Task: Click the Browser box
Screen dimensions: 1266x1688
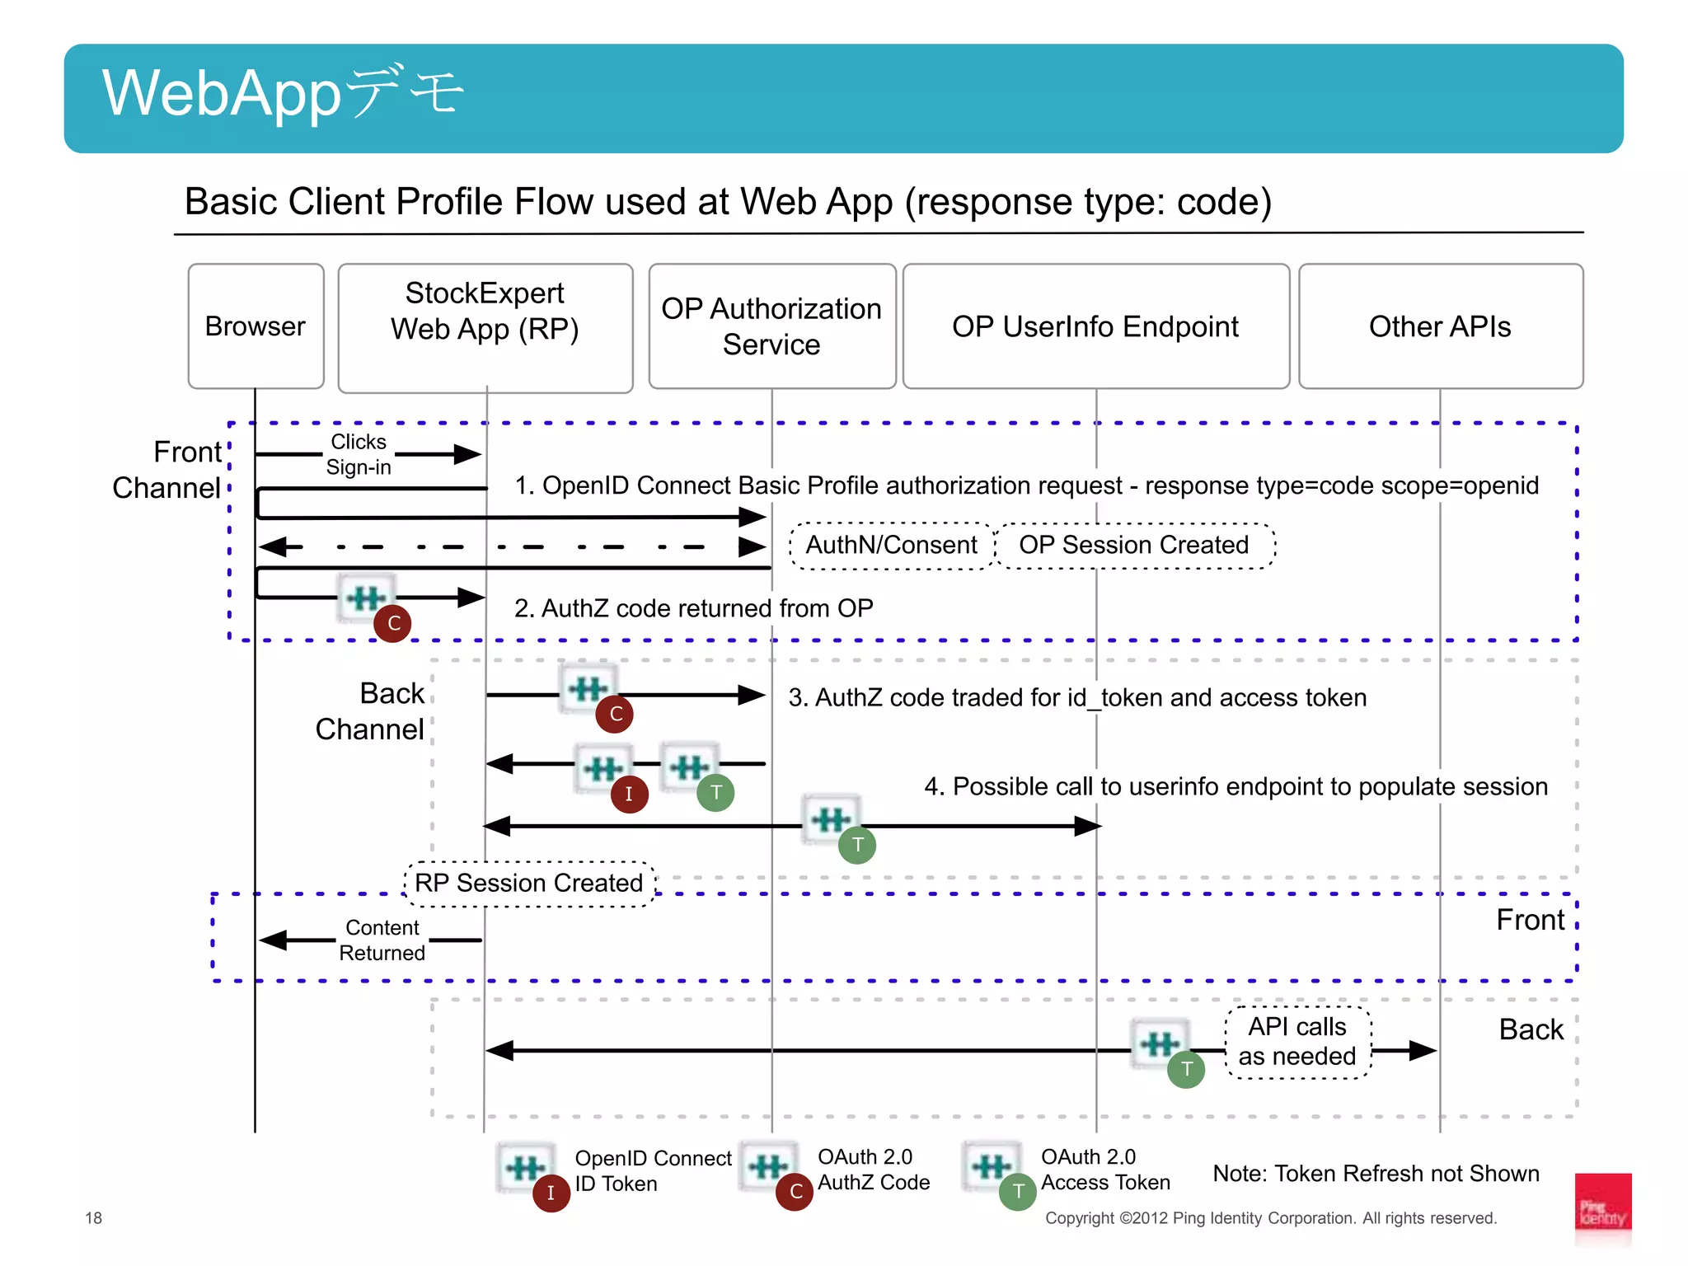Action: (x=256, y=326)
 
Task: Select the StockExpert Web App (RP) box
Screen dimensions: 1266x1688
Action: (x=485, y=327)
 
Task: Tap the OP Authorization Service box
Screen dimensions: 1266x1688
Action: (x=771, y=326)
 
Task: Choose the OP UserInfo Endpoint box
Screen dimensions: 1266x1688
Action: (x=1095, y=326)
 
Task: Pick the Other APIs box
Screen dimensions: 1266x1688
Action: (x=1440, y=326)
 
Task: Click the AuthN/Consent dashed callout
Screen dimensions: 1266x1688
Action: (x=891, y=546)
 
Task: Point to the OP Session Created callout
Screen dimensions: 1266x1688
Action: (x=1134, y=546)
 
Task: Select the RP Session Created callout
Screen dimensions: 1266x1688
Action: (x=528, y=884)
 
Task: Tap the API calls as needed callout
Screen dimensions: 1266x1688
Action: (x=1297, y=1042)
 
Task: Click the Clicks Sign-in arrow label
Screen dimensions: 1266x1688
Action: (x=359, y=454)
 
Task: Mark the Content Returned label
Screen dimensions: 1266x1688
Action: (x=382, y=940)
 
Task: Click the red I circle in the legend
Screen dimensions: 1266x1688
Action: (x=551, y=1193)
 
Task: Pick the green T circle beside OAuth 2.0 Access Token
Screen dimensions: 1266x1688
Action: (x=1018, y=1192)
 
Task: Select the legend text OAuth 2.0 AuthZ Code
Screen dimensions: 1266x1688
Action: (x=874, y=1170)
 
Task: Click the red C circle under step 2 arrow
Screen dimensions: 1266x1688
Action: (x=393, y=623)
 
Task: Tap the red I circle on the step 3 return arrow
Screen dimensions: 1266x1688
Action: (x=629, y=794)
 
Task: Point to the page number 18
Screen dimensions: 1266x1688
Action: (x=94, y=1218)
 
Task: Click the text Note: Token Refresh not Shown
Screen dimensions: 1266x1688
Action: (x=1376, y=1174)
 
